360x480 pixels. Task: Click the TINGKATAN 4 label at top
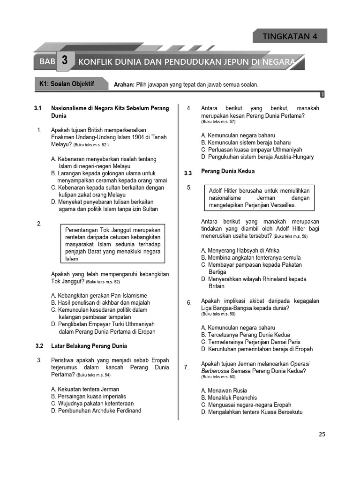point(290,36)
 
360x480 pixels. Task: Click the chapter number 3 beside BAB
point(65,61)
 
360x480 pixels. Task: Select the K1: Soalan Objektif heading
point(67,84)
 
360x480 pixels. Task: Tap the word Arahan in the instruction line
point(124,85)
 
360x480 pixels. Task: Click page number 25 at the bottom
point(322,434)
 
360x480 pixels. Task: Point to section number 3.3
point(188,173)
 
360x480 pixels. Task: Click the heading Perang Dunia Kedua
point(228,172)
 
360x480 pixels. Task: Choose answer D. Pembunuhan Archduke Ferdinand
point(96,411)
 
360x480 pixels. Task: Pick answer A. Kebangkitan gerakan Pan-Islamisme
point(99,295)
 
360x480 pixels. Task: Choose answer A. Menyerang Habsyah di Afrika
point(241,250)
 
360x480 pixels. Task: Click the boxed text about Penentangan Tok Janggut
point(112,244)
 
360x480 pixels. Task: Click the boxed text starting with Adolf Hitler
point(259,198)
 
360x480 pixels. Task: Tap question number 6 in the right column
point(189,302)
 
